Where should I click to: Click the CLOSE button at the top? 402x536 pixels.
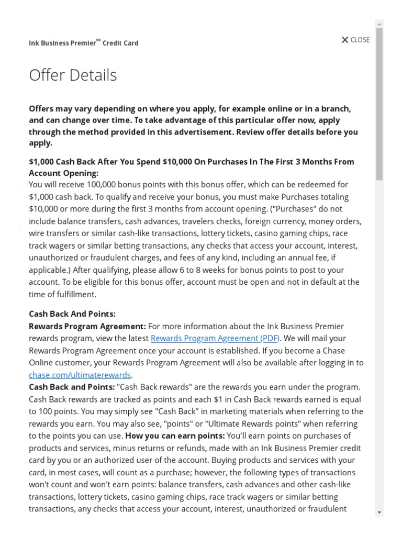coord(355,40)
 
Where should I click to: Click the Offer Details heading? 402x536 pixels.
coord(73,75)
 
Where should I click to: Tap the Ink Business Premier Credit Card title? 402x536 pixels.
coord(84,43)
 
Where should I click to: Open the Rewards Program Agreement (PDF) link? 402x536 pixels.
coord(215,338)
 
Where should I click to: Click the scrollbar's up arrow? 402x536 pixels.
coord(379,24)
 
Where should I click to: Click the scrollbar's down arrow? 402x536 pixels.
coord(379,512)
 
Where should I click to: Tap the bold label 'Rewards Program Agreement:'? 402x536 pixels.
coord(87,326)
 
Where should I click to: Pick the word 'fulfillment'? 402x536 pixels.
coord(75,294)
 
